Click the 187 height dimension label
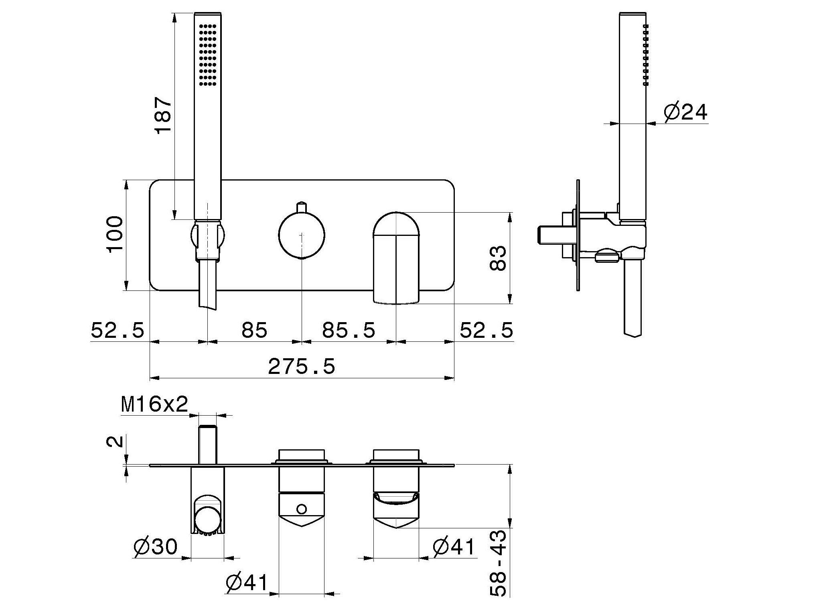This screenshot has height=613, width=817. click(164, 115)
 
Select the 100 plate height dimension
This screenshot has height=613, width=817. click(115, 234)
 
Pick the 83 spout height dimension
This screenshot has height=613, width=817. click(498, 258)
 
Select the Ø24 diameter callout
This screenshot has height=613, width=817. click(685, 112)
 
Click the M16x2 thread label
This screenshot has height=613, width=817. click(154, 405)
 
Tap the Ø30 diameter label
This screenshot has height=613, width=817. click(155, 547)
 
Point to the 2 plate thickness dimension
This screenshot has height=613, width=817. click(114, 441)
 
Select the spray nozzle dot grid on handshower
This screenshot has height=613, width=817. click(207, 55)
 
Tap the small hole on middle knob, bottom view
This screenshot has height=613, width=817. click(302, 509)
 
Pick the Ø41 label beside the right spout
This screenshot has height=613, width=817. click(454, 547)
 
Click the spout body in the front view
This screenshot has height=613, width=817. click(396, 269)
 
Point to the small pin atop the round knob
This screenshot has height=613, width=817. click(302, 207)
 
